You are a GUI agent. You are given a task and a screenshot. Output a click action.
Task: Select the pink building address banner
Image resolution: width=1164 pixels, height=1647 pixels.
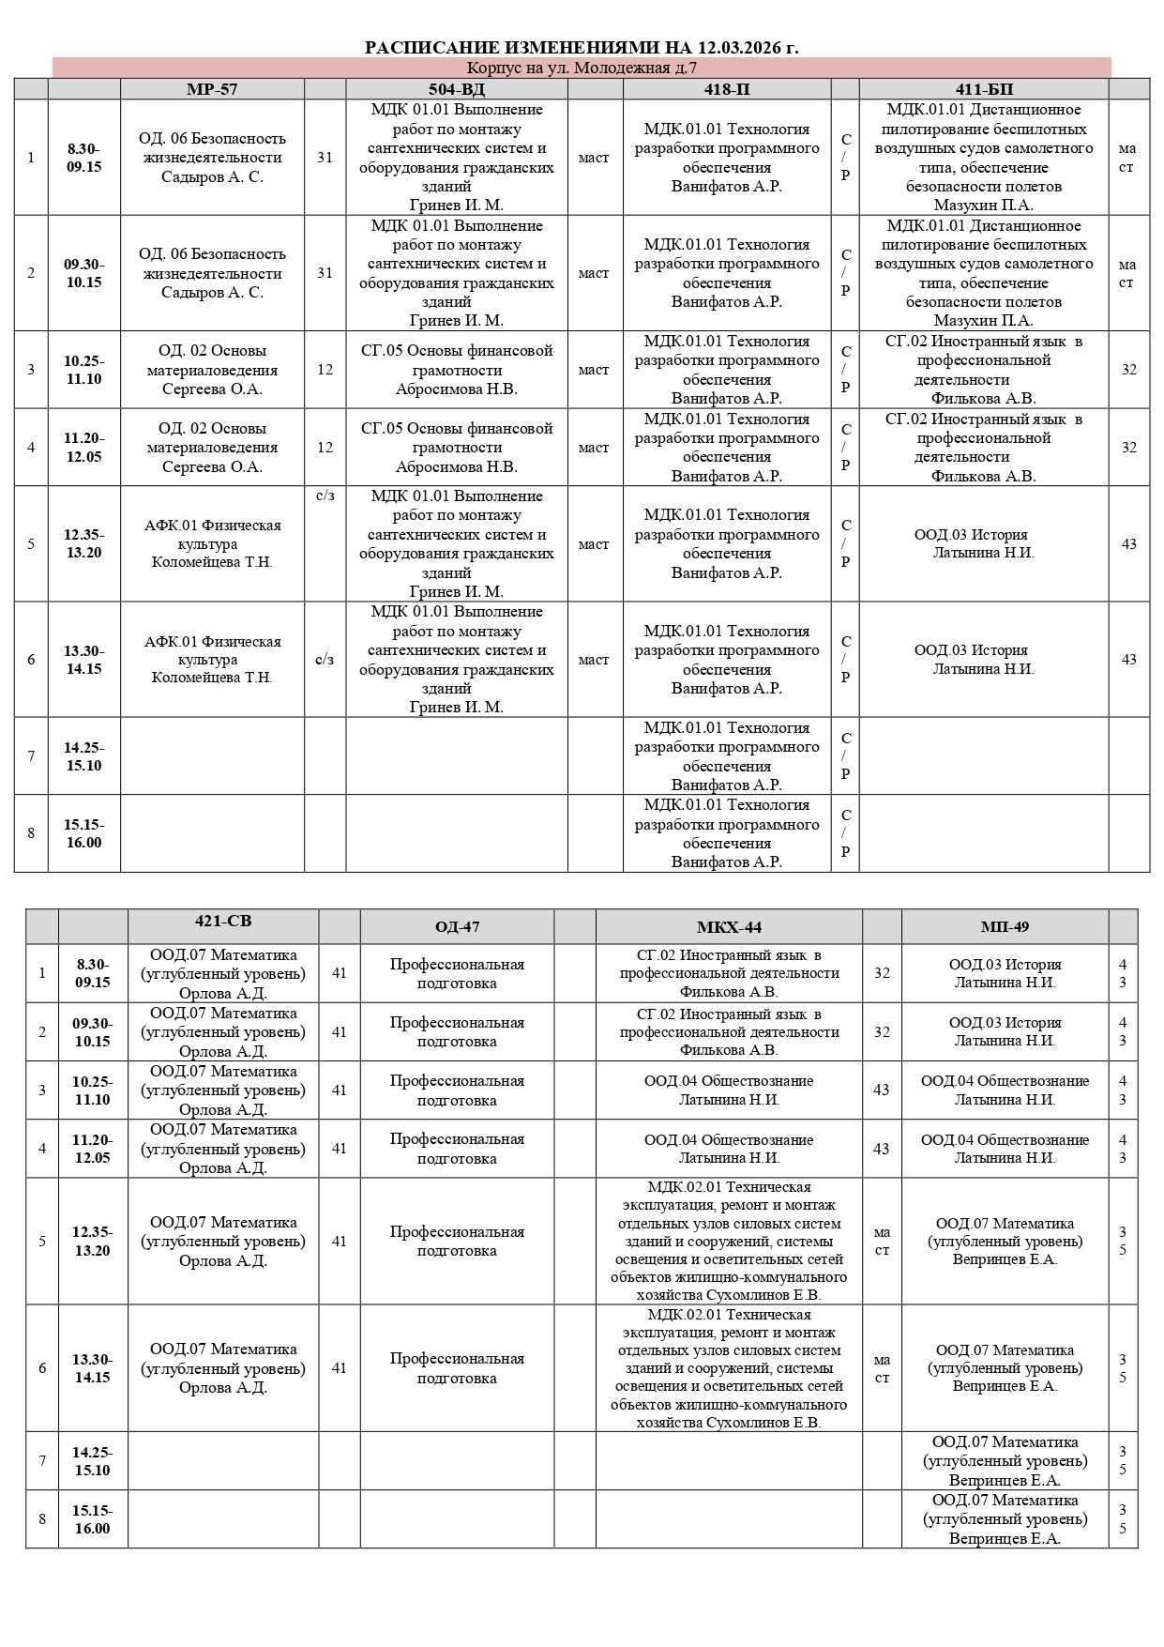click(582, 68)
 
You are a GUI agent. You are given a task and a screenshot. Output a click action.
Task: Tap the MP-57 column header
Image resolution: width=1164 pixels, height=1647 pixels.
click(212, 89)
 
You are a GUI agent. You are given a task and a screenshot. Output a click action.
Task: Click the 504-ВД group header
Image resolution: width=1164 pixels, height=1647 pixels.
click(457, 89)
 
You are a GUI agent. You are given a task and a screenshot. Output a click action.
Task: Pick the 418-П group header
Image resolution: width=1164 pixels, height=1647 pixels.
click(727, 89)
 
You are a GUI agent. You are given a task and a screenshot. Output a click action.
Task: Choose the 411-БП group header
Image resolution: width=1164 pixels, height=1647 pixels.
click(984, 89)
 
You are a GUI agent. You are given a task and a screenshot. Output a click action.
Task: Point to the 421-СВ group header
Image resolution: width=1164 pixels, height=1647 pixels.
click(223, 922)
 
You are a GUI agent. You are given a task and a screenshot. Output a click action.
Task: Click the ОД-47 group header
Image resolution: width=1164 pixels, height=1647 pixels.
click(457, 927)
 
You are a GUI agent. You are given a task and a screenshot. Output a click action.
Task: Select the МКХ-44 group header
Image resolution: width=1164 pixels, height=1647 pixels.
click(729, 927)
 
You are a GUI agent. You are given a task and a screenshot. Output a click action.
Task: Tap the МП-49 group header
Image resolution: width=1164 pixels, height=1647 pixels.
click(1005, 927)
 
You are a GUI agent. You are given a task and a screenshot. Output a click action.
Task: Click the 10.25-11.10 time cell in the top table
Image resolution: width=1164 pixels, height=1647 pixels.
click(84, 370)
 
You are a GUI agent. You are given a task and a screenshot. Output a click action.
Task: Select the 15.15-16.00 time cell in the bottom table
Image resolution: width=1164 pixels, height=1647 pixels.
click(93, 1519)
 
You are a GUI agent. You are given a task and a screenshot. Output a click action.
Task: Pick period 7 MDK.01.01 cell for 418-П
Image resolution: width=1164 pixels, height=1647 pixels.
click(727, 756)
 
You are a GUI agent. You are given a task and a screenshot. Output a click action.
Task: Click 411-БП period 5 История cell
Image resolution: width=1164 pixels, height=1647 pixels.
click(984, 544)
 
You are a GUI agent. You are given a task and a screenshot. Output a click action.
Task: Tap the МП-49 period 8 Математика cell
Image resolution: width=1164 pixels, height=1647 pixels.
click(1005, 1519)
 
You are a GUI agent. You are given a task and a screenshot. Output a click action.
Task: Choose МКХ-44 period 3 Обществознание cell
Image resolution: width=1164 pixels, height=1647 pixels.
click(729, 1090)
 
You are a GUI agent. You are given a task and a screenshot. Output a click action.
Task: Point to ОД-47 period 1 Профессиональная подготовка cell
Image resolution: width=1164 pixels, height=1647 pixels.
click(457, 974)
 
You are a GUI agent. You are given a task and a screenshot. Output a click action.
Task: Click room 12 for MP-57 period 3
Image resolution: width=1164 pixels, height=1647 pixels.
click(325, 370)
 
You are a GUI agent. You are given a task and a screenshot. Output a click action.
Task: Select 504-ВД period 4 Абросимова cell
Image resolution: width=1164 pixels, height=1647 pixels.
click(457, 448)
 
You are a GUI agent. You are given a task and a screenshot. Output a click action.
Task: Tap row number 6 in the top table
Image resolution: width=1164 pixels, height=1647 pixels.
click(31, 660)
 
